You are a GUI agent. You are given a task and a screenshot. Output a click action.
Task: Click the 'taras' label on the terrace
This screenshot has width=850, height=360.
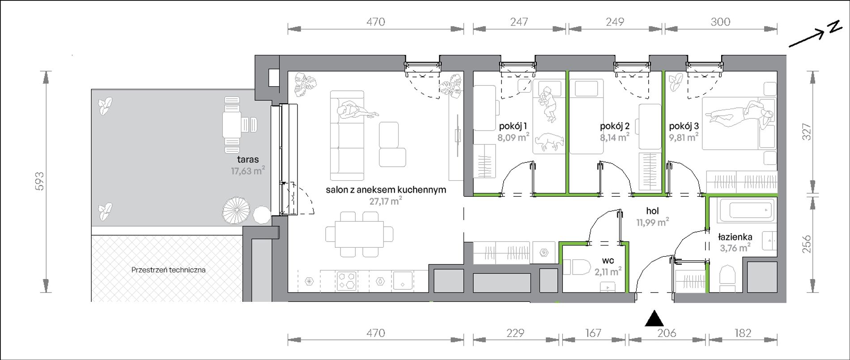248,159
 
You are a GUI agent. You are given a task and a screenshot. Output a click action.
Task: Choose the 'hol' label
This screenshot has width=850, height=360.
652,211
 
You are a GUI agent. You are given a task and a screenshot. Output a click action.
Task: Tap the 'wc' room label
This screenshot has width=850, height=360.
608,260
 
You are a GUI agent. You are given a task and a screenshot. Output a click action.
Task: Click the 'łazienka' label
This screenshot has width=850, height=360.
735,237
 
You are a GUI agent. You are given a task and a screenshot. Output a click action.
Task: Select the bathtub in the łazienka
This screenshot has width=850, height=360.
745,211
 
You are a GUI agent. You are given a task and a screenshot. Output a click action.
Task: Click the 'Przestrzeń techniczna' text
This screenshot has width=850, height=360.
168,270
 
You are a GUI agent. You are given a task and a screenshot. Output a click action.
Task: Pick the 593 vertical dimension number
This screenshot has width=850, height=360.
40,181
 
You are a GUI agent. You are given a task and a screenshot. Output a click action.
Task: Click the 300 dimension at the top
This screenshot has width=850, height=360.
720,21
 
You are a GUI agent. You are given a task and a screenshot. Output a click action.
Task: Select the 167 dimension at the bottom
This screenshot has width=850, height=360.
593,333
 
